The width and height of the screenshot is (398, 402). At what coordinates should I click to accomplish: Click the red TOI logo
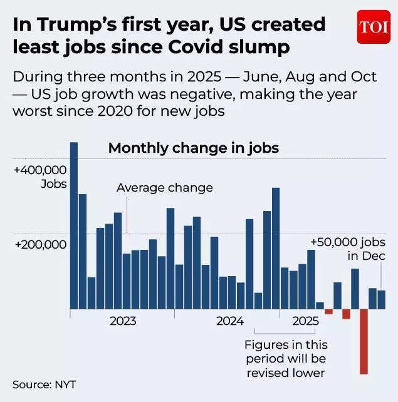[374, 27]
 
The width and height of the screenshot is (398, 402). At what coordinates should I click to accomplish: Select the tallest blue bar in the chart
[73, 225]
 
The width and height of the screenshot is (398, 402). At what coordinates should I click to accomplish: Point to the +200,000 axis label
[40, 245]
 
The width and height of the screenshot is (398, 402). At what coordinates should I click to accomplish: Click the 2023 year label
[123, 321]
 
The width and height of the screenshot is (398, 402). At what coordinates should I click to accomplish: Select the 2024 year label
[229, 321]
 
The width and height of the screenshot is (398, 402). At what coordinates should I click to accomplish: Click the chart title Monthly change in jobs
[193, 148]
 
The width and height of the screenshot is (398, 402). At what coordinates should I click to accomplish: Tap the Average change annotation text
[165, 188]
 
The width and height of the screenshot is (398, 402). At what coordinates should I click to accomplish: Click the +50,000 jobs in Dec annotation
[348, 249]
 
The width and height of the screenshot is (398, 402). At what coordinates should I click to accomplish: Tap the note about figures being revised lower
[285, 359]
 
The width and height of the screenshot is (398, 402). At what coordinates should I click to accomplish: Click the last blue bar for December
[381, 299]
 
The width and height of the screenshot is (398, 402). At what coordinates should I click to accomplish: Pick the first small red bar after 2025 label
[328, 311]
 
